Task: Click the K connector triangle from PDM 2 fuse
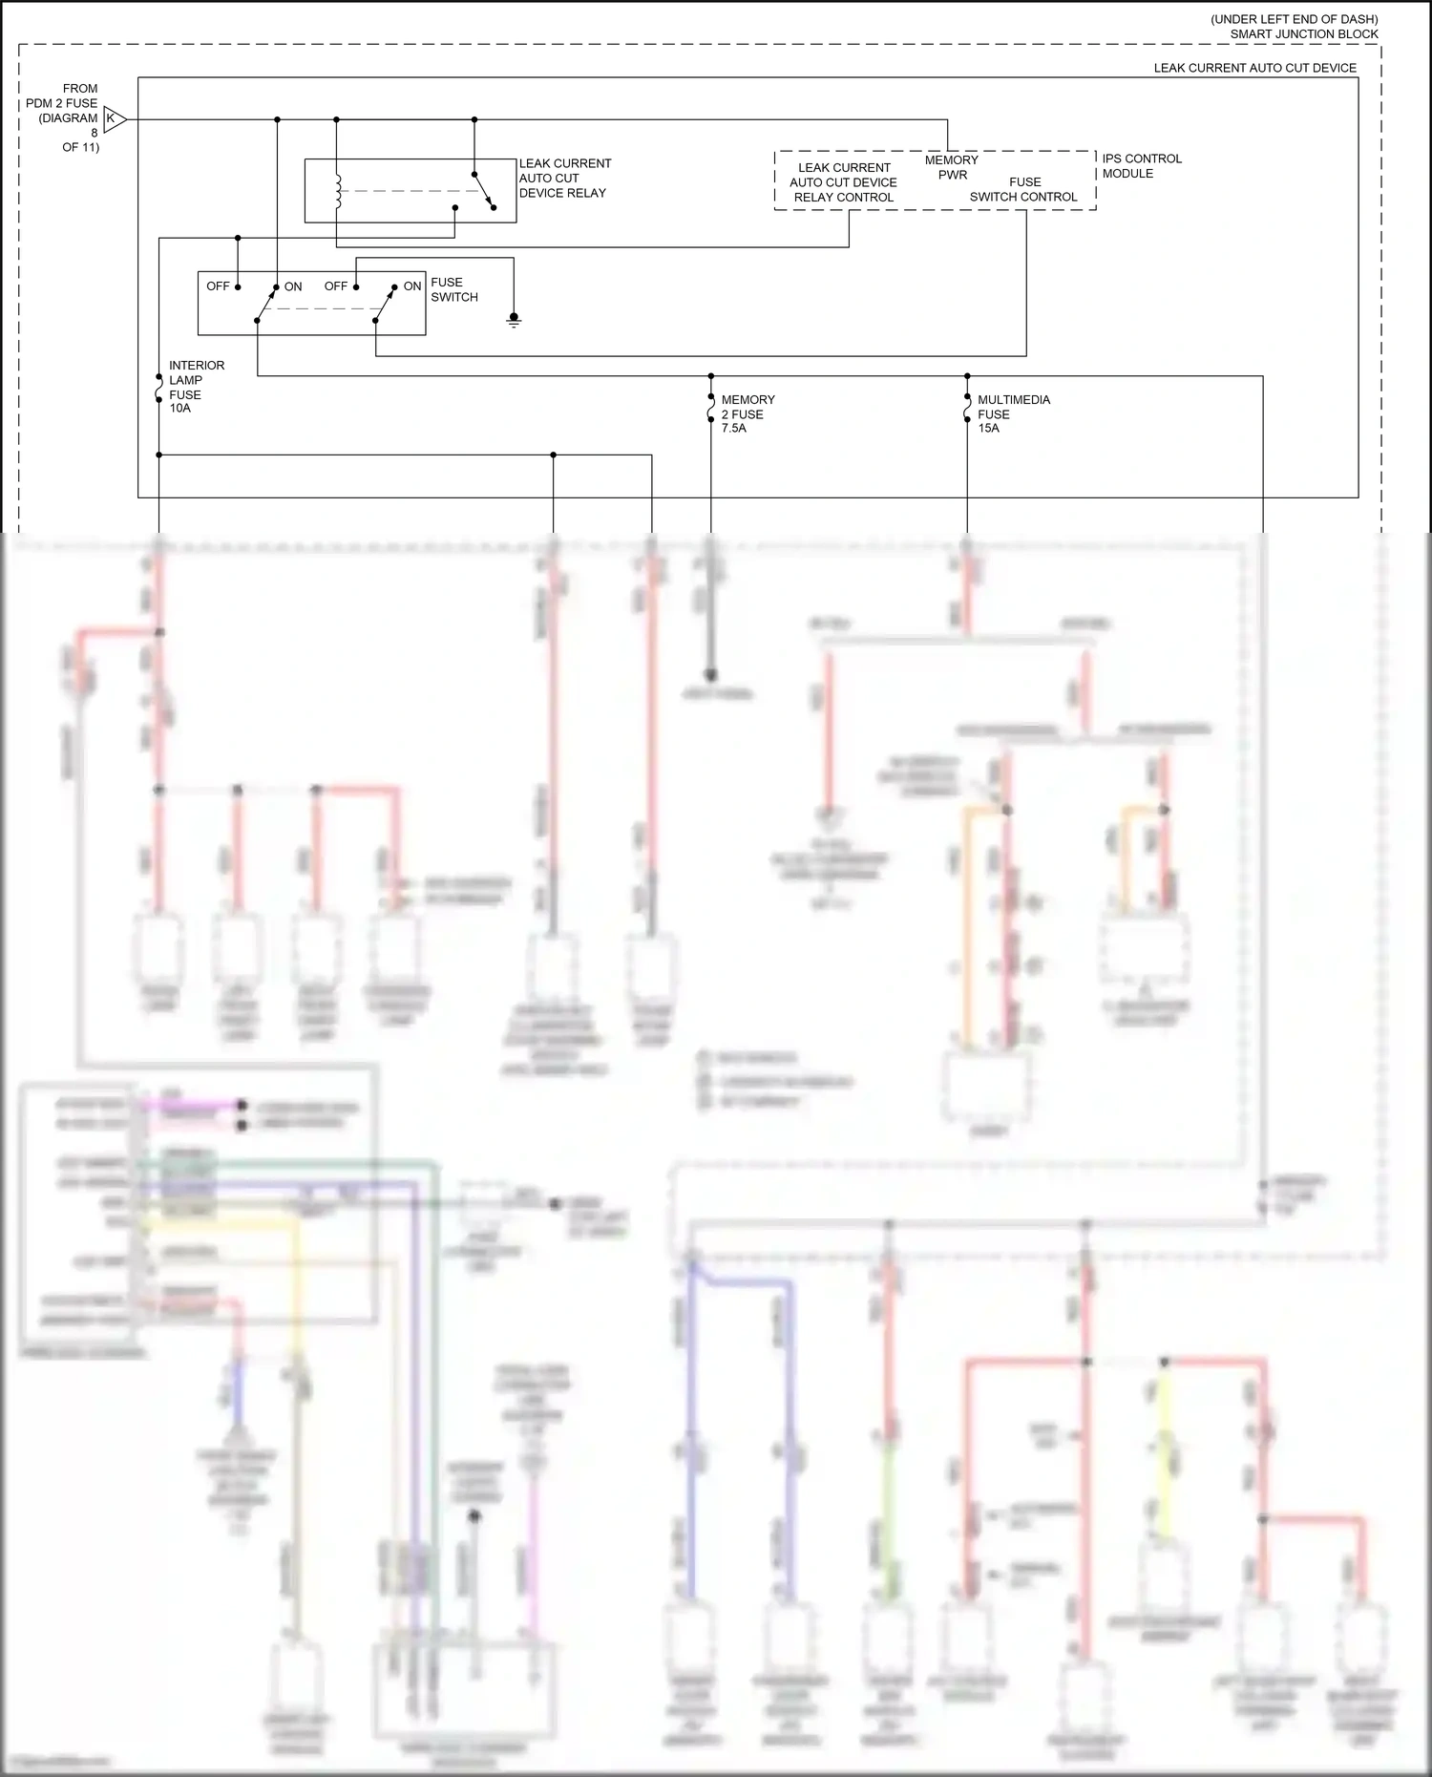pyautogui.click(x=113, y=119)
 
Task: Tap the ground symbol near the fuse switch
pyautogui.click(x=514, y=320)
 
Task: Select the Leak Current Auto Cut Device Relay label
pyautogui.click(x=564, y=179)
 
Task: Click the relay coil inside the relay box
pyautogui.click(x=337, y=192)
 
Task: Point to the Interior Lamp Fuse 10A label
pyautogui.click(x=196, y=387)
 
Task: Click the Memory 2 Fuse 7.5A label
pyautogui.click(x=748, y=413)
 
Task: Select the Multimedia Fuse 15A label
pyautogui.click(x=1013, y=413)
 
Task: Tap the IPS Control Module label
pyautogui.click(x=1141, y=166)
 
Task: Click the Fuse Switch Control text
pyautogui.click(x=1023, y=189)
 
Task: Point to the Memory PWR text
pyautogui.click(x=951, y=167)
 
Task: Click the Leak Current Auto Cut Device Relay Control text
pyautogui.click(x=844, y=182)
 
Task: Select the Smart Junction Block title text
pyautogui.click(x=1303, y=34)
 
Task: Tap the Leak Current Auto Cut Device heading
pyautogui.click(x=1253, y=68)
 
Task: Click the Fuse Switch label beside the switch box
pyautogui.click(x=453, y=289)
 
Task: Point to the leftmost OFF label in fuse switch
pyautogui.click(x=218, y=286)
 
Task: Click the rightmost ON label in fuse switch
pyautogui.click(x=412, y=286)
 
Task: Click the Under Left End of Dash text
pyautogui.click(x=1294, y=19)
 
